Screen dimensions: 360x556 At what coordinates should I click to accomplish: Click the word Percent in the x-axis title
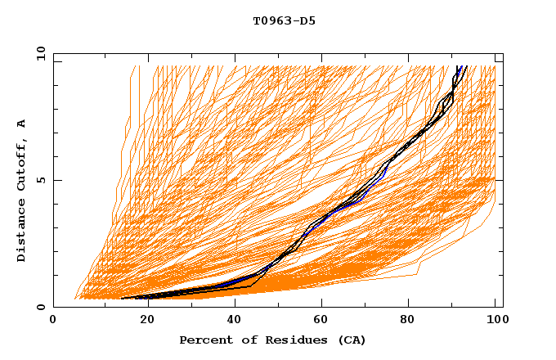tap(205, 340)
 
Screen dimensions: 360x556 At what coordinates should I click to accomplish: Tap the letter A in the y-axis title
tap(22, 124)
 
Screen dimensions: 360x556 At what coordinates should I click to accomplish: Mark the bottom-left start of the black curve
tap(121, 299)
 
